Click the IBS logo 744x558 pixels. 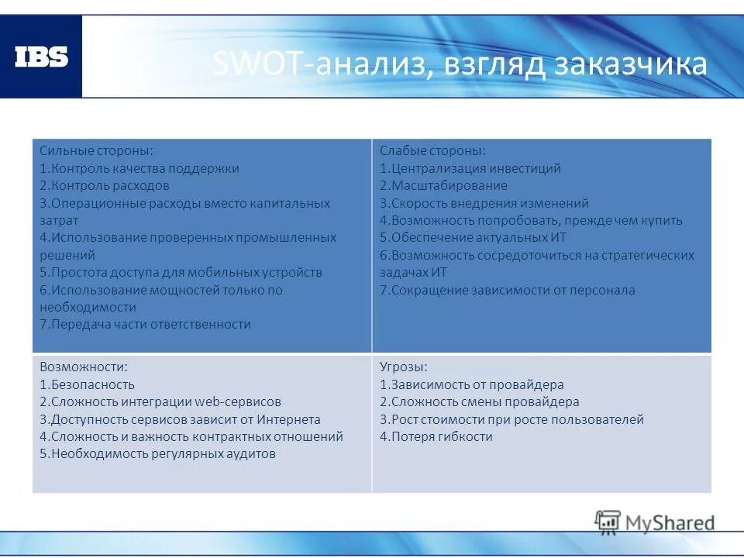(41, 57)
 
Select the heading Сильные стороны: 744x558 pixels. (96, 150)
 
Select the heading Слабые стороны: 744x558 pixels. (432, 150)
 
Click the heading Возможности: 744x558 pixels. (84, 367)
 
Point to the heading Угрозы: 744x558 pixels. (404, 367)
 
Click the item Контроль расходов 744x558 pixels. (105, 186)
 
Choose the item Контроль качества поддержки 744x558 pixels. (139, 168)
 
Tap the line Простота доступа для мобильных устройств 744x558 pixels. (181, 273)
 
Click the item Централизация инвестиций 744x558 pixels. (470, 168)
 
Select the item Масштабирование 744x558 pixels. (443, 186)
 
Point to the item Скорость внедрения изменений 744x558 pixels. (484, 203)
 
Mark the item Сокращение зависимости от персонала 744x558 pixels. (507, 291)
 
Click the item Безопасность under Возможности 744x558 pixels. (87, 384)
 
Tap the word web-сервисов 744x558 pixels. (237, 402)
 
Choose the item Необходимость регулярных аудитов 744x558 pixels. (157, 454)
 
